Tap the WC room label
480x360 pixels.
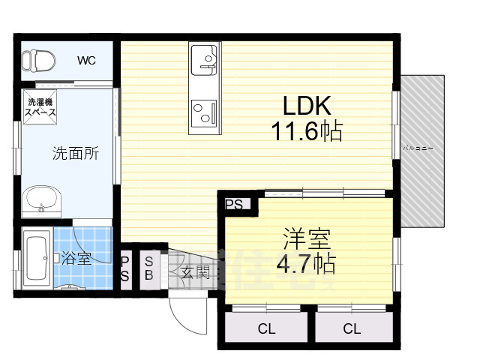(x=88, y=60)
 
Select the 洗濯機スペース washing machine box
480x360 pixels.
(x=41, y=107)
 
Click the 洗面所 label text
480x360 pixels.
(x=76, y=154)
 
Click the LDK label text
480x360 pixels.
(x=307, y=105)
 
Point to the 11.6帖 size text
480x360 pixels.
(x=307, y=132)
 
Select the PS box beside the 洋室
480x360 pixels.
(x=233, y=203)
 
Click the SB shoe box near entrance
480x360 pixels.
(x=148, y=268)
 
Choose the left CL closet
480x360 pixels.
(x=265, y=328)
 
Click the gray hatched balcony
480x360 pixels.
(x=424, y=150)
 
